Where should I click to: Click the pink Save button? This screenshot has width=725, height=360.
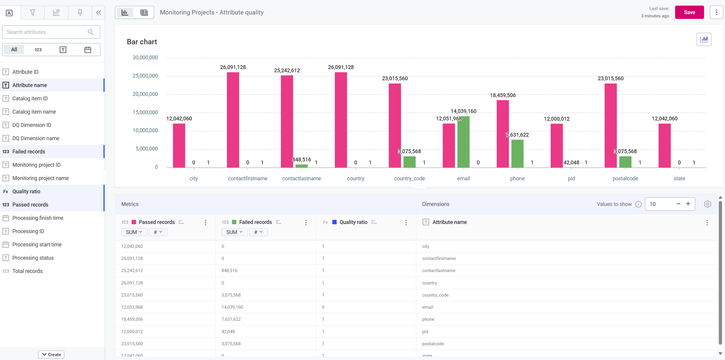pos(689,12)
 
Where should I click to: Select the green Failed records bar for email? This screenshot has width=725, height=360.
pos(463,142)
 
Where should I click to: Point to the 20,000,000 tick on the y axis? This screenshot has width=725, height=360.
pos(145,94)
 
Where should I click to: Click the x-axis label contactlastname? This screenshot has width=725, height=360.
pos(301,179)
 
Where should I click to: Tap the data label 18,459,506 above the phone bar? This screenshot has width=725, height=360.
pos(503,95)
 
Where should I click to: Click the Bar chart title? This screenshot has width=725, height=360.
pos(142,42)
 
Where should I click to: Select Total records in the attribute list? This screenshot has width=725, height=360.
pos(27,271)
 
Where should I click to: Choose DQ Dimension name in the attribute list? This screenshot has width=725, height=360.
pos(36,138)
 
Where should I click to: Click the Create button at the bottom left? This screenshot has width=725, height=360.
pos(51,354)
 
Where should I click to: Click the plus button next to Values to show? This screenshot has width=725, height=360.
pos(688,204)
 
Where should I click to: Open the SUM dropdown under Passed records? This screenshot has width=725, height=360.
pos(134,232)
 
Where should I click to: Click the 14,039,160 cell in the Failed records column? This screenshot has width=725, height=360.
pos(232,307)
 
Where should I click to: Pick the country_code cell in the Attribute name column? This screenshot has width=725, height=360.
pos(435,295)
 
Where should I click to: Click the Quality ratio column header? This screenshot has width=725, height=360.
pos(353,222)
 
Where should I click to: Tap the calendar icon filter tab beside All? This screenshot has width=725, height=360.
pos(88,50)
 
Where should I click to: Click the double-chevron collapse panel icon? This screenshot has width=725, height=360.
pos(99,13)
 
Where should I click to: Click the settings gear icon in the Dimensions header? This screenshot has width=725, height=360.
pos(707,204)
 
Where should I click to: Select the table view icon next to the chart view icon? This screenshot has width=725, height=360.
pos(144,13)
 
